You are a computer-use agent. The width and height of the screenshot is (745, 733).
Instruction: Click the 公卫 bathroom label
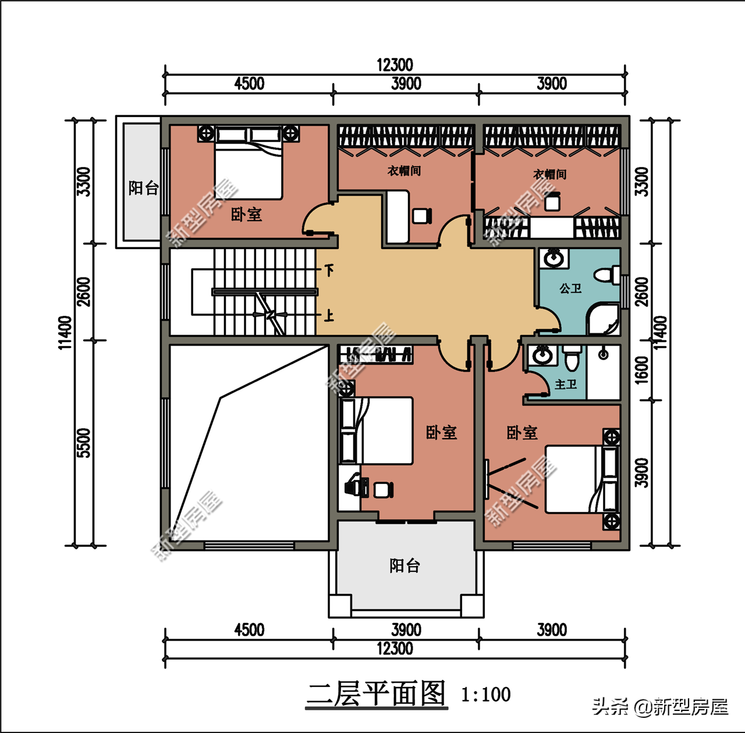point(570,288)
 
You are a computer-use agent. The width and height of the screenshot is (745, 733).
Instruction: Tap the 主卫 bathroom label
point(566,385)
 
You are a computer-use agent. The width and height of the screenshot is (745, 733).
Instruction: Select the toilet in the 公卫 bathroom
point(607,275)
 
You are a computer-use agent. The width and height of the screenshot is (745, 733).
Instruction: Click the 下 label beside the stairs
point(329,270)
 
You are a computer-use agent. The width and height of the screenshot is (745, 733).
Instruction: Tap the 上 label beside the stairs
point(329,315)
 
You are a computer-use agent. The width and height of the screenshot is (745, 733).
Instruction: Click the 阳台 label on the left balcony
point(143,188)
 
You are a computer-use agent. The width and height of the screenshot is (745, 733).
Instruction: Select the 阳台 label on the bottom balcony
point(405,566)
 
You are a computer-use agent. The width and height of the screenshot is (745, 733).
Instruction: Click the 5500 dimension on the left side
point(84,443)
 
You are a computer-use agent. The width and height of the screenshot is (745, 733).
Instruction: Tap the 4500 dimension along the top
point(249,84)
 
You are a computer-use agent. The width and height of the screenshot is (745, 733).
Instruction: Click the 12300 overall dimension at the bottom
point(395,648)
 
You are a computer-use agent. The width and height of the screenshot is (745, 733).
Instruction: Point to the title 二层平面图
point(376,695)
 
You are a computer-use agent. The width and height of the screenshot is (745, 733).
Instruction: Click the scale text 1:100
point(486,695)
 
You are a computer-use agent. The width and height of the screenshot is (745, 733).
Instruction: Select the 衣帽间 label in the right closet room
point(550,175)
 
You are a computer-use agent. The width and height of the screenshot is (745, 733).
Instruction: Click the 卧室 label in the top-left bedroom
point(246,215)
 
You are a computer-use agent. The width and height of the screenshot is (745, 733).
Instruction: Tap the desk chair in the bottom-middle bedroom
point(384,490)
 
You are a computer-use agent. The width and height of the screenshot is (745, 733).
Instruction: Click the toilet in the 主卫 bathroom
point(572,357)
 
